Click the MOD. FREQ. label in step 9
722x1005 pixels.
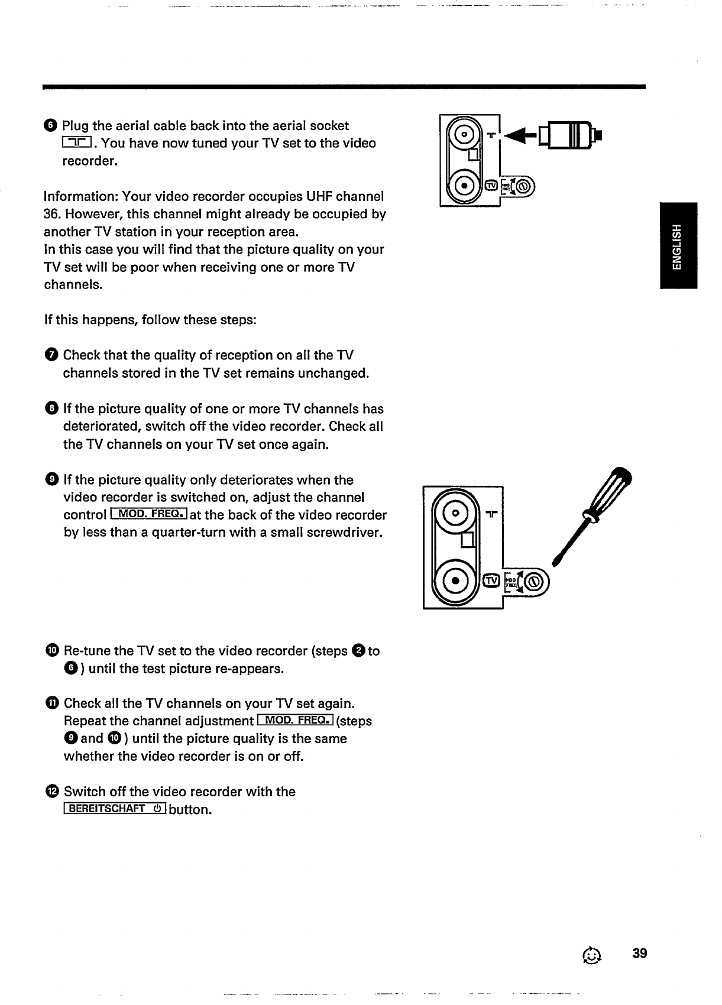(148, 515)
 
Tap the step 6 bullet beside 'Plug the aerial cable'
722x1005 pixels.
(50, 125)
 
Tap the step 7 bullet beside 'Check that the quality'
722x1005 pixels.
(51, 355)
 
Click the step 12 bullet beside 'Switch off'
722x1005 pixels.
(51, 792)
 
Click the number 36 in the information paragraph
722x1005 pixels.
(51, 214)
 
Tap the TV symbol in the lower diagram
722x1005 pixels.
(491, 581)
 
